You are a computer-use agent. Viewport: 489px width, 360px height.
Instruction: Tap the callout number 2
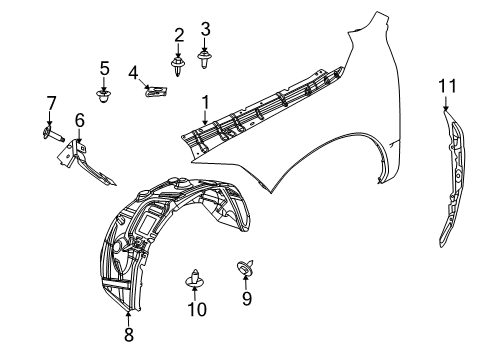click(x=179, y=36)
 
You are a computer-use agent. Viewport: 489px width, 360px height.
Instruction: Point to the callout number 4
click(x=132, y=73)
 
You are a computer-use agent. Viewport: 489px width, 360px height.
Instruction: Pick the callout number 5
click(x=104, y=68)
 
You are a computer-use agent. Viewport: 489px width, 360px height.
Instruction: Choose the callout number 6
click(x=79, y=120)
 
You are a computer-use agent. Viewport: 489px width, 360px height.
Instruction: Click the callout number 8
click(x=128, y=336)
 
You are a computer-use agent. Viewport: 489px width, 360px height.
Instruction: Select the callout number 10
click(x=197, y=310)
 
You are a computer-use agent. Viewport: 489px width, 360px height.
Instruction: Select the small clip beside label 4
click(x=154, y=92)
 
